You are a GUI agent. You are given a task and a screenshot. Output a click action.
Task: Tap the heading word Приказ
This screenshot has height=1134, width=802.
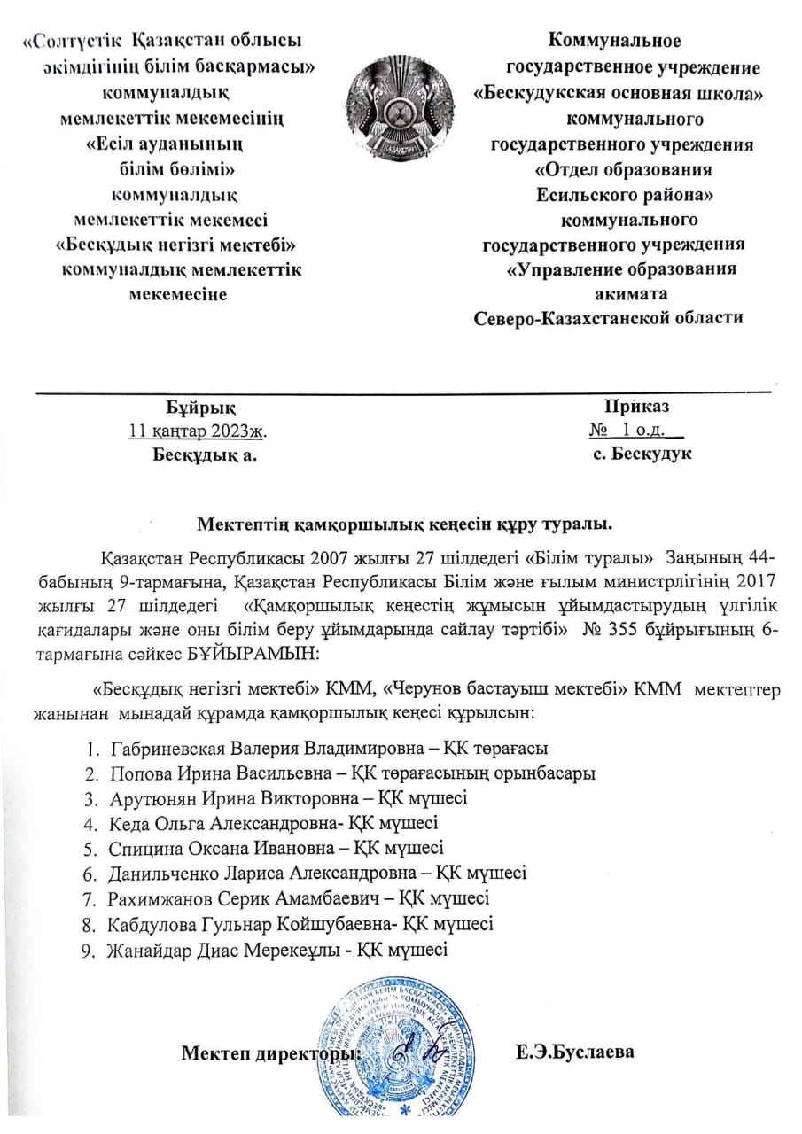point(637,407)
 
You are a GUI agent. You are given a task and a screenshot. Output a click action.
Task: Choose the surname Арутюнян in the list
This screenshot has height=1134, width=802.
point(148,798)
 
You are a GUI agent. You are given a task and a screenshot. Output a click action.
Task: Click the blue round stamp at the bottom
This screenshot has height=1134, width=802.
point(400,1050)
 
